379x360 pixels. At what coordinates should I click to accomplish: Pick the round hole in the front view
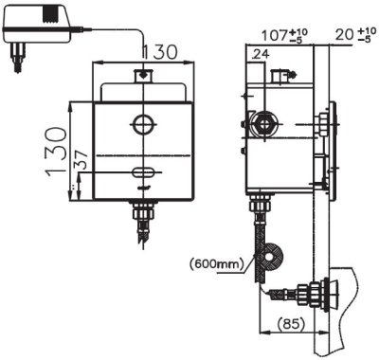[143, 123]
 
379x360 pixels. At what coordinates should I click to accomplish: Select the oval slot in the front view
[145, 171]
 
